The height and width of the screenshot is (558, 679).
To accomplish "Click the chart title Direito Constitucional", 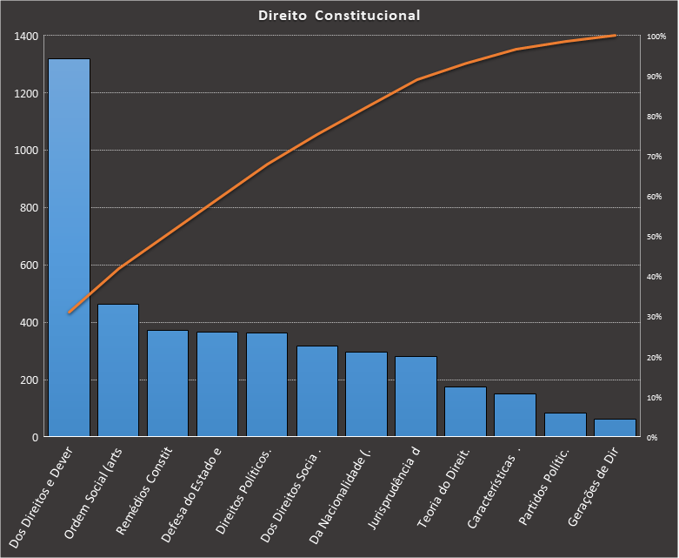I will tap(339, 16).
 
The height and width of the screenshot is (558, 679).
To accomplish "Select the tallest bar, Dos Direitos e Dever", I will tap(69, 247).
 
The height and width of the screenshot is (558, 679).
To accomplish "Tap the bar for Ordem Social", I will tap(118, 370).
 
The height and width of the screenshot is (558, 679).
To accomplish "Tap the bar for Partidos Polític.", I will tap(565, 425).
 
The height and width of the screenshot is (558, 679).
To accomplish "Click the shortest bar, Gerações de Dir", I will tap(615, 427).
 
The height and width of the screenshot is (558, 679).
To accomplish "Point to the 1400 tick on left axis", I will tap(26, 37).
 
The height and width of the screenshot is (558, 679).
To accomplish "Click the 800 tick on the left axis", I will tap(29, 208).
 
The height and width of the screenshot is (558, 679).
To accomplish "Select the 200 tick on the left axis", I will tap(29, 380).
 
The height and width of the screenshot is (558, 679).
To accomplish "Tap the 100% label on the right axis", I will tap(656, 37).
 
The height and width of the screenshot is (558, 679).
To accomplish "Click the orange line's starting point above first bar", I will tap(69, 312).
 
